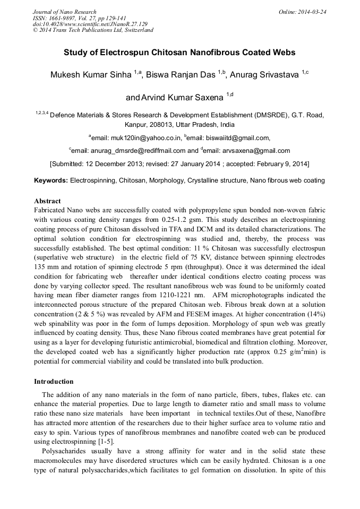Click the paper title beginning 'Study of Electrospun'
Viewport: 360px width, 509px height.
(x=179, y=53)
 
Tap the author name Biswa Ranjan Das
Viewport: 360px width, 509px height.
(x=181, y=75)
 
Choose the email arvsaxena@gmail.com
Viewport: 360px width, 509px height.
(x=258, y=151)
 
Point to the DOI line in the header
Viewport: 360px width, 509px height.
(x=90, y=24)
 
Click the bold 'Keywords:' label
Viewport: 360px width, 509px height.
(x=51, y=180)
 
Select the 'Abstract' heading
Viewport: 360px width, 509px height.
(x=47, y=202)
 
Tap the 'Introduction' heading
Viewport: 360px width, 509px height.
(x=54, y=382)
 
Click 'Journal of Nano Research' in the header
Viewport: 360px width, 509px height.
(x=65, y=12)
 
